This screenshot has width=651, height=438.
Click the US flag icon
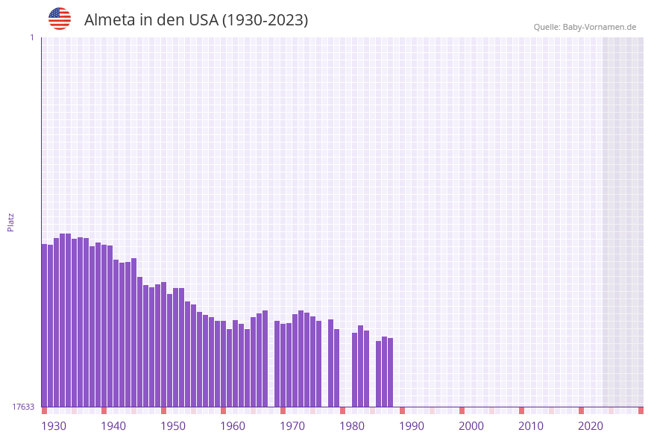(60, 19)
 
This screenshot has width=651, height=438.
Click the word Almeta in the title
(110, 20)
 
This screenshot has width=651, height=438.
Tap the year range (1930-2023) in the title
(265, 20)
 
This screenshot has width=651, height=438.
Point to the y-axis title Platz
(11, 222)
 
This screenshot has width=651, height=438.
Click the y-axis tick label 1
(31, 37)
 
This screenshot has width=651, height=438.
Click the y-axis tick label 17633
(23, 407)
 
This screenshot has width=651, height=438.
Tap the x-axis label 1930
(54, 426)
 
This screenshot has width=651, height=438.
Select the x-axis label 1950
(173, 426)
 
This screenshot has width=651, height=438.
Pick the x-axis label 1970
(292, 426)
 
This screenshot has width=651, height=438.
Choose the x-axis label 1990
(412, 426)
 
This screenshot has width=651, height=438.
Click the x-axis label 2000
(471, 426)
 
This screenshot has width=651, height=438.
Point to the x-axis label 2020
(591, 426)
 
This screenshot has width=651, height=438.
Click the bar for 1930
(45, 325)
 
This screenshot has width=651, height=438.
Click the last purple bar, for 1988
(390, 372)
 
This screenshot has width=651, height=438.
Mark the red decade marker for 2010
(521, 410)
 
